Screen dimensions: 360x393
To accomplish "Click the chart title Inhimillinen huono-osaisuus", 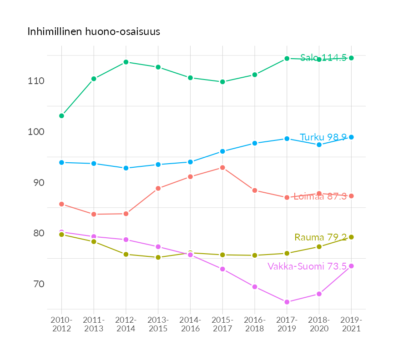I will pyautogui.click(x=94, y=32).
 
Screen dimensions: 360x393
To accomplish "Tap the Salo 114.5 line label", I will pyautogui.click(x=323, y=58).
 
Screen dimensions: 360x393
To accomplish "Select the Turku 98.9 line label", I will pyautogui.click(x=323, y=137).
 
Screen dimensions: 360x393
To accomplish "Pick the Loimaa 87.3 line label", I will pyautogui.click(x=320, y=196).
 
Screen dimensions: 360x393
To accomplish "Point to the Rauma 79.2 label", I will pyautogui.click(x=321, y=237).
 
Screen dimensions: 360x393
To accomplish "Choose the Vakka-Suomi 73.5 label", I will pyautogui.click(x=307, y=266).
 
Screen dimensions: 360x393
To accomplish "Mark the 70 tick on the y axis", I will pyautogui.click(x=38, y=284).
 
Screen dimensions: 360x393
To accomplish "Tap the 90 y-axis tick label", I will pyautogui.click(x=38, y=183).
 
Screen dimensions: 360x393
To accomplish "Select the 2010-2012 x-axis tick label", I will pyautogui.click(x=61, y=324).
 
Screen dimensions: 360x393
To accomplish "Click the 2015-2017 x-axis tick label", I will pyautogui.click(x=222, y=324).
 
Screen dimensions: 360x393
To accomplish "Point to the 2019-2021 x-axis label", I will pyautogui.click(x=351, y=324).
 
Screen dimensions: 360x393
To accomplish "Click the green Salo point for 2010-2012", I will pyautogui.click(x=61, y=116).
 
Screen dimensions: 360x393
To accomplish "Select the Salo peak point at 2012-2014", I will pyautogui.click(x=126, y=62).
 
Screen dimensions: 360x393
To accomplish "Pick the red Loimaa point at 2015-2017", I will pyautogui.click(x=222, y=168).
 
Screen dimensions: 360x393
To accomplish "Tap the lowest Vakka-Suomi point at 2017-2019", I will pyautogui.click(x=287, y=302).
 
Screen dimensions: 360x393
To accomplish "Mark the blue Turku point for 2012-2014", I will pyautogui.click(x=126, y=168).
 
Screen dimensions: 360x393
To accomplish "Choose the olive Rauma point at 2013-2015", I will pyautogui.click(x=158, y=257).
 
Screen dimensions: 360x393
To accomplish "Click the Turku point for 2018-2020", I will pyautogui.click(x=319, y=145).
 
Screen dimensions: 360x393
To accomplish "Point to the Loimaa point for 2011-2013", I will pyautogui.click(x=94, y=214).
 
